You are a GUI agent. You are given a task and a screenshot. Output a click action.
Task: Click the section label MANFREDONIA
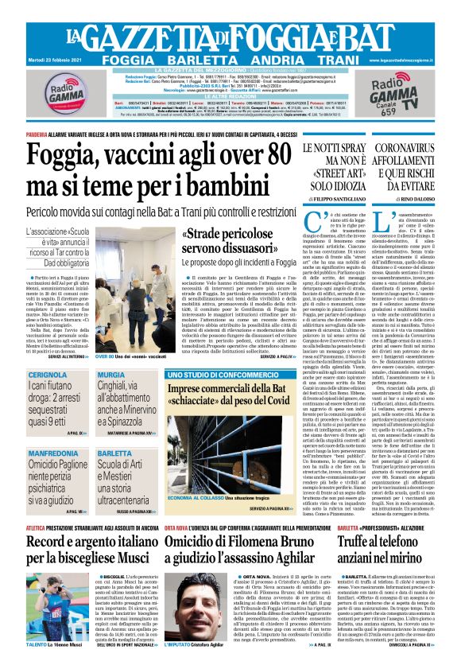tap(55, 453)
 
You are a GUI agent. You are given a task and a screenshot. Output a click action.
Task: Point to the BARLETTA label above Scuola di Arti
tap(115, 453)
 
